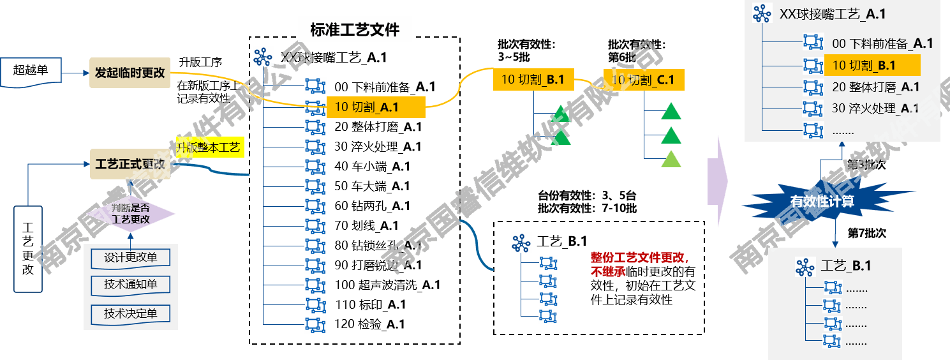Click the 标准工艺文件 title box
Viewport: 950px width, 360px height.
pos(355,29)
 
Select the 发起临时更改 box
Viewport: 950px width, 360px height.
pos(130,73)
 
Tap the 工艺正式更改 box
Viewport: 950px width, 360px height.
pos(130,164)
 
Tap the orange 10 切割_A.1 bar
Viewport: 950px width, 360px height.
pos(375,107)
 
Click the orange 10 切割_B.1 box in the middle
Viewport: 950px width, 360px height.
pos(533,80)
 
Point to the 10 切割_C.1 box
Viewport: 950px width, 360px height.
pos(643,80)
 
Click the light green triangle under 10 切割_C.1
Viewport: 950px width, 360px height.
pos(671,159)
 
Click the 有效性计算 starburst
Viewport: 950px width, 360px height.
pos(822,202)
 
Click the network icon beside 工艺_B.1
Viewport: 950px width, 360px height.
pos(805,267)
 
